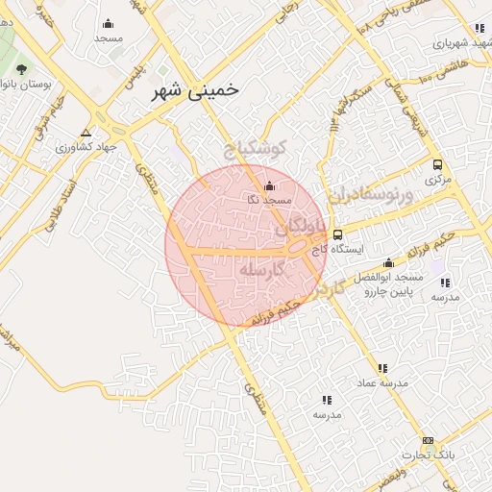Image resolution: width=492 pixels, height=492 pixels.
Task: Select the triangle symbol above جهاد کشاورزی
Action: (x=86, y=133)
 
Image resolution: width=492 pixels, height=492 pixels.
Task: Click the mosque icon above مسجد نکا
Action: (x=268, y=185)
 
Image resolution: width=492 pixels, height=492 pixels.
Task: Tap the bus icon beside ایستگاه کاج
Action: (x=336, y=234)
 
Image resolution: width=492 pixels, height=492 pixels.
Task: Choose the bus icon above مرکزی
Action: (x=438, y=164)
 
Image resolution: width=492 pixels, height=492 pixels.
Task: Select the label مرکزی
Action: (x=438, y=180)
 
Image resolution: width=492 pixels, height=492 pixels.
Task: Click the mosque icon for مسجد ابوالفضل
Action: (x=388, y=262)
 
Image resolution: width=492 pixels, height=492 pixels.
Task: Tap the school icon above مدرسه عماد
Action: (x=382, y=367)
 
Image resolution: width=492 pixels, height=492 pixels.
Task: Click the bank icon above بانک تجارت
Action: (x=428, y=440)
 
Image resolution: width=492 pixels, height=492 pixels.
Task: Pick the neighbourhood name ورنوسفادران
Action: (x=368, y=189)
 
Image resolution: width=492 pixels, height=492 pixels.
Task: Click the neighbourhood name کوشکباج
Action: (x=256, y=149)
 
